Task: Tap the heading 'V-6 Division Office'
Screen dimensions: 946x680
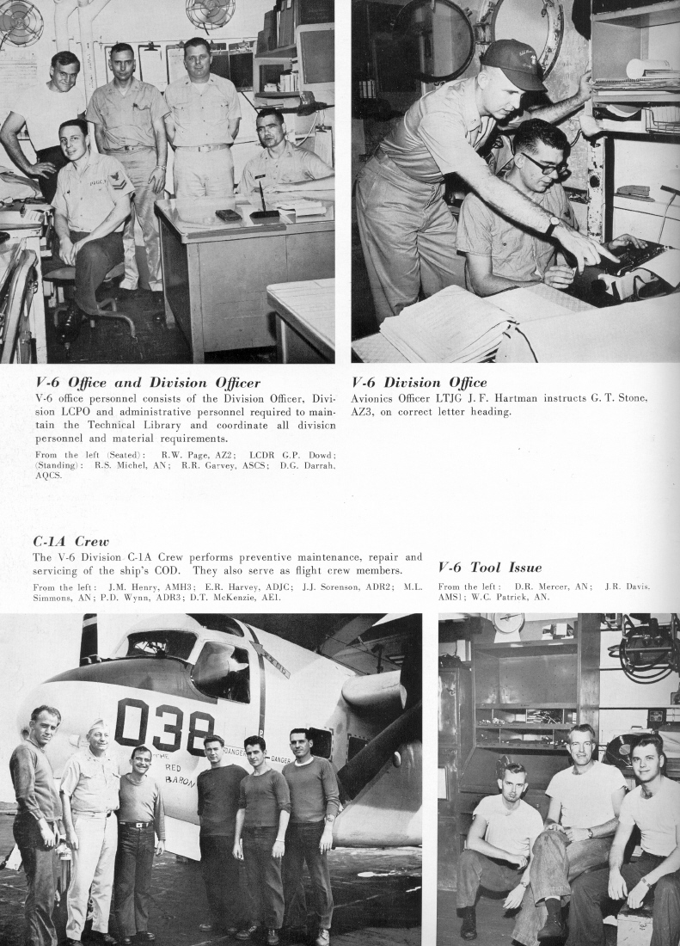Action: [419, 383]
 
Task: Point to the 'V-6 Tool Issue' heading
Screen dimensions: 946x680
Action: [489, 567]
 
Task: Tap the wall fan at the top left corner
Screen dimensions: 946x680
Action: [21, 21]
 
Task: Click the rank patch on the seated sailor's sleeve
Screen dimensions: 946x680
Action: [113, 181]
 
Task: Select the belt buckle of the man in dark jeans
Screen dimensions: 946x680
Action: [136, 825]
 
